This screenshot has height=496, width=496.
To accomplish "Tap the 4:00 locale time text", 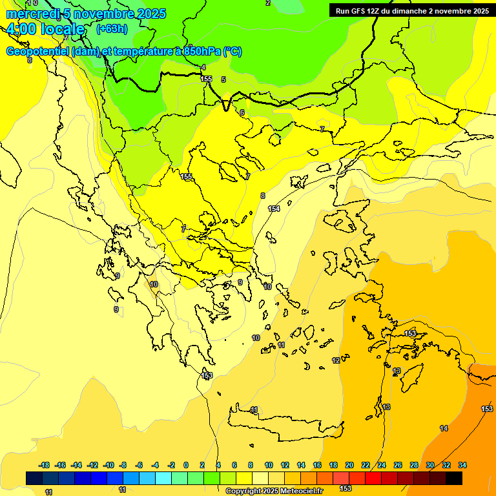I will tap(45, 30).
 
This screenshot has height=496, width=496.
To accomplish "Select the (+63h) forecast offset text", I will tap(112, 29).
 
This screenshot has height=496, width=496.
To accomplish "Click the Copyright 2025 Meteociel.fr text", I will tap(274, 491).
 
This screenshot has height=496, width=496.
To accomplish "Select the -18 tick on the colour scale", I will tap(44, 465).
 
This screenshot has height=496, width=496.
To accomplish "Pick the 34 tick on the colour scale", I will tap(462, 465).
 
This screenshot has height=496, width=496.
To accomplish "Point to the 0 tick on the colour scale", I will tap(186, 465).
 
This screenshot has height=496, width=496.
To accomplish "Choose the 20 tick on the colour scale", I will tap(349, 465).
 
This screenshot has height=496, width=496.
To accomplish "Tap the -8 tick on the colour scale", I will tap(123, 465).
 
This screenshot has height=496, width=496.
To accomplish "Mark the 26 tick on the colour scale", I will tap(398, 465).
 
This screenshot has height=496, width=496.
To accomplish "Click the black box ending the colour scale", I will tap(454, 478).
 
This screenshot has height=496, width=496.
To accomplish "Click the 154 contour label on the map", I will tap(274, 209).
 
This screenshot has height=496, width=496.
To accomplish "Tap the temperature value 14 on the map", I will tap(444, 428).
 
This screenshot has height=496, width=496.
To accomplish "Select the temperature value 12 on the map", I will tap(336, 360).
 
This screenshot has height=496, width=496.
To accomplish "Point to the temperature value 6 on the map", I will tap(242, 112).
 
